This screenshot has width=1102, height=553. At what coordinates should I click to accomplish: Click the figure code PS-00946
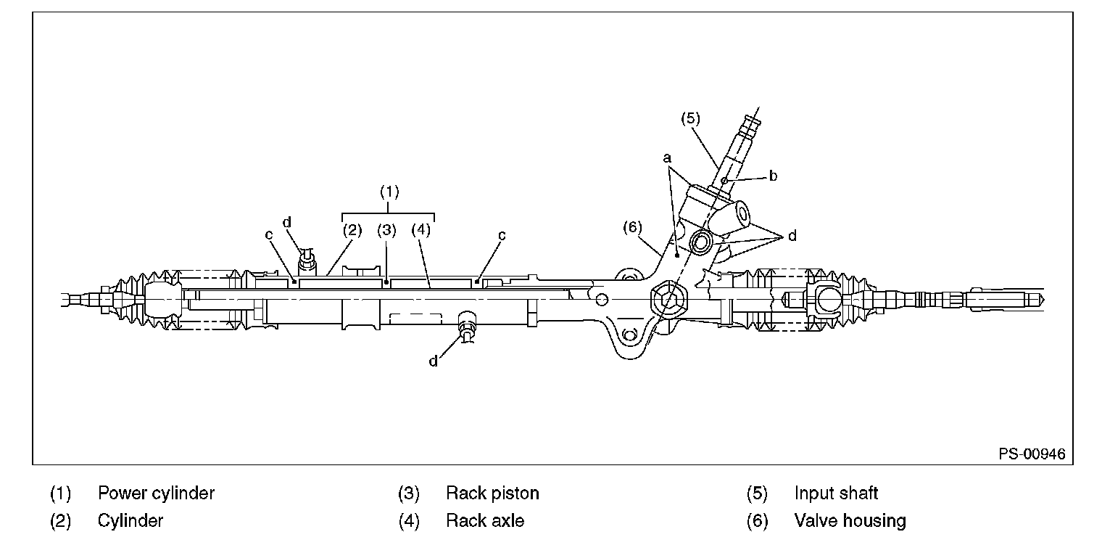(x=1032, y=454)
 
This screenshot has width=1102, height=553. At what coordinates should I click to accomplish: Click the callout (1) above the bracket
(x=389, y=192)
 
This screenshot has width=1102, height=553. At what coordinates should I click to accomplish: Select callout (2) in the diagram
(x=352, y=231)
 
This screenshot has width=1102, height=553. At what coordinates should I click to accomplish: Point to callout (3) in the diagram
(x=386, y=231)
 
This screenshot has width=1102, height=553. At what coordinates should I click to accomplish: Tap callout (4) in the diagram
(x=420, y=231)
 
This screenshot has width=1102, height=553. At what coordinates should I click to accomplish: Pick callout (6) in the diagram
(x=632, y=227)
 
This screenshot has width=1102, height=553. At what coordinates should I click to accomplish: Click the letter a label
(x=668, y=157)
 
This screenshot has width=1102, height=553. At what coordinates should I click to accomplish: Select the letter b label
(x=774, y=176)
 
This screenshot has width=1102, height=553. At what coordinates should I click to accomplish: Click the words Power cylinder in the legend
(x=156, y=493)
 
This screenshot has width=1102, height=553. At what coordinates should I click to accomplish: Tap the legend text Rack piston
(x=492, y=493)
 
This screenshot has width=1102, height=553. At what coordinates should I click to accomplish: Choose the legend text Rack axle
(x=484, y=521)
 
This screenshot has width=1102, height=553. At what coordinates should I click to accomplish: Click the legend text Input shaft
(x=836, y=493)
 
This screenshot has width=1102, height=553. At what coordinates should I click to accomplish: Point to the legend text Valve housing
(x=850, y=521)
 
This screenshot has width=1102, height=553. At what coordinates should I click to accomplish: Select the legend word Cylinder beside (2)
(x=130, y=521)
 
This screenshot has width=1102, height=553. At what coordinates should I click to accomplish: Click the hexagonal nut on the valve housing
(x=668, y=299)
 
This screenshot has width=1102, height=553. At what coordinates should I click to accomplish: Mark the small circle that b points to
(x=724, y=179)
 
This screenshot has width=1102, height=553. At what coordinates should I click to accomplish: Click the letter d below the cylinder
(x=434, y=361)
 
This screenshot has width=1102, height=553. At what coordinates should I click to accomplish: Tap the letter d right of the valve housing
(x=792, y=236)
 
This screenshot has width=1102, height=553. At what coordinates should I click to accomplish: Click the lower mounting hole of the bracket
(x=628, y=335)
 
